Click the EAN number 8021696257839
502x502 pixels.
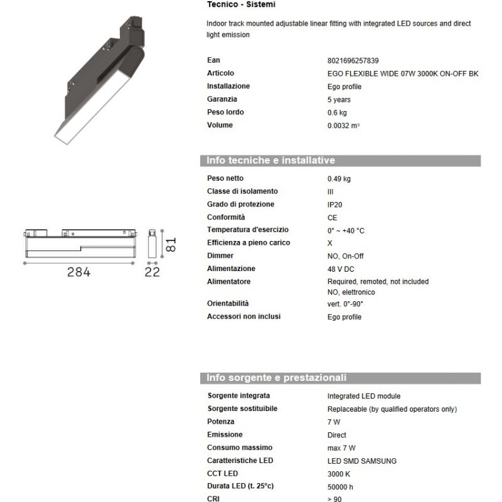[x=353, y=61]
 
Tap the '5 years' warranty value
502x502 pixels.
[x=339, y=100]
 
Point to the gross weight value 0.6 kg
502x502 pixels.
[x=337, y=113]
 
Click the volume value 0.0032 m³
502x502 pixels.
[x=343, y=125]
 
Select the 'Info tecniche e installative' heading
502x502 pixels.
[x=271, y=161]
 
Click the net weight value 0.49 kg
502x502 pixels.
[x=339, y=179]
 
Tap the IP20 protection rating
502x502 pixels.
[x=335, y=205]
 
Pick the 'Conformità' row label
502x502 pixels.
[x=225, y=217]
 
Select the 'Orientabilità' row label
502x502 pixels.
[x=228, y=303]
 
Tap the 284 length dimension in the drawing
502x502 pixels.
[x=79, y=272]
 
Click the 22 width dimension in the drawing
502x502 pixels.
[x=152, y=272]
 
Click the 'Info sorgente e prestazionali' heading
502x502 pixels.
[x=277, y=378]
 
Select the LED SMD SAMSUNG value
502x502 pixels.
[x=361, y=461]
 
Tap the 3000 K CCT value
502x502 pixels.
[x=339, y=474]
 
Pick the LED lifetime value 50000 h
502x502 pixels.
[x=341, y=487]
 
